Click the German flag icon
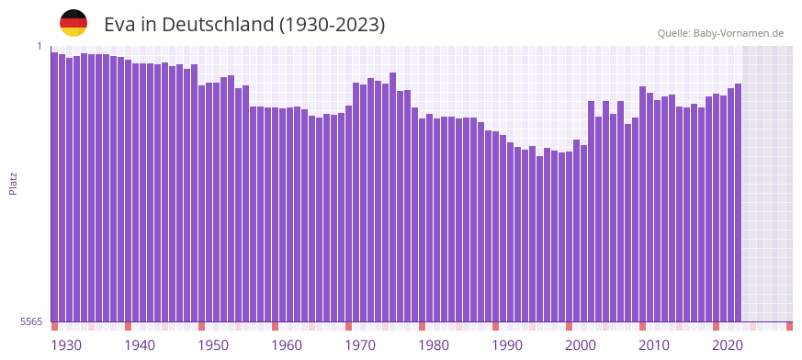[x=73, y=23]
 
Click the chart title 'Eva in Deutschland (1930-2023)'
[x=244, y=25]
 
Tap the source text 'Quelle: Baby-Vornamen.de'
[x=720, y=33]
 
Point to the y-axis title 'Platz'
[x=13, y=183]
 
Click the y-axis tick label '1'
[x=40, y=46]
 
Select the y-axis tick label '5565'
[x=30, y=321]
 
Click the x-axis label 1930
[x=66, y=345]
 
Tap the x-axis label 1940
[x=140, y=345]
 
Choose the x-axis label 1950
[x=213, y=345]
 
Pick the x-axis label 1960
[x=287, y=345]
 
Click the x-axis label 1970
[x=360, y=345]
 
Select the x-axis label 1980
[x=434, y=345]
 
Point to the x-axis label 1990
[x=507, y=345]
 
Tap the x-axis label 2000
[x=581, y=345]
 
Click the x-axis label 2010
[x=654, y=345]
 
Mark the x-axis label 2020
[x=728, y=345]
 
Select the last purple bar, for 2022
[x=738, y=202]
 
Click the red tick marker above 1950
[x=202, y=326]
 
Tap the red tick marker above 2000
[x=570, y=326]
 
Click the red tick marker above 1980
[x=423, y=326]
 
